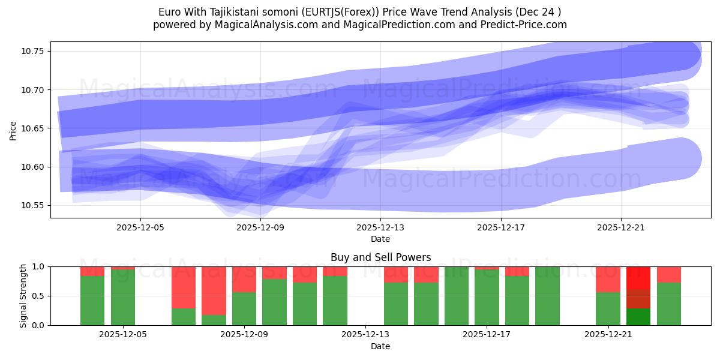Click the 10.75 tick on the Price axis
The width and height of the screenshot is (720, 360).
point(34,51)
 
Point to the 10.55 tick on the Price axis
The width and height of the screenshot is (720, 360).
point(34,205)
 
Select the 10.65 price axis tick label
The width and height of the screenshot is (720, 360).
point(34,128)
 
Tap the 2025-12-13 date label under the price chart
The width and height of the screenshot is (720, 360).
point(380,228)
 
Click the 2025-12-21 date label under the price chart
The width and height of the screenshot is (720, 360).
point(620,228)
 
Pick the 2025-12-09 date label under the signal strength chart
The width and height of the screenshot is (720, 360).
point(244,335)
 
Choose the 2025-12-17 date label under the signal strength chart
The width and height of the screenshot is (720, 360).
point(487,335)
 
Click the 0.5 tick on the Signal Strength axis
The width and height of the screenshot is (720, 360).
point(38,296)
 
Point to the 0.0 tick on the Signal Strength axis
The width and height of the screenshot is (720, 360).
point(38,325)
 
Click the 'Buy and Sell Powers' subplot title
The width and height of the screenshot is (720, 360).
point(380,257)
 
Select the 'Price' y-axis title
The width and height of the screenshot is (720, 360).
point(13,130)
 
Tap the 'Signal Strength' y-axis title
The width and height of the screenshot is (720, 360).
point(23,296)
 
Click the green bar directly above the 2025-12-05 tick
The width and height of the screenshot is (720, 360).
point(123,298)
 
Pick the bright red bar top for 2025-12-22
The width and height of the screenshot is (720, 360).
point(638,278)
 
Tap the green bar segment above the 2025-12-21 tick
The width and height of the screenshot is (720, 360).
point(608,309)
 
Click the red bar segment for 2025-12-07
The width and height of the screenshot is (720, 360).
point(184,287)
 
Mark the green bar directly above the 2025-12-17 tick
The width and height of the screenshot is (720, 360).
point(487,298)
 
